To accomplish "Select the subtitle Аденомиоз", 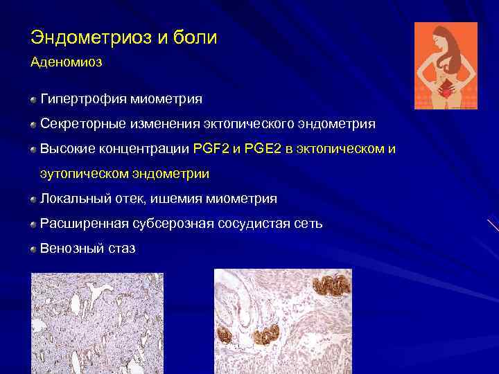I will coord(66,62).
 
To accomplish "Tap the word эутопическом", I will coord(82,174).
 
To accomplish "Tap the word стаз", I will coord(121,248).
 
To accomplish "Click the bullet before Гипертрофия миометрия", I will coord(33,100).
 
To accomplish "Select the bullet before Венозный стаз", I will coord(33,249).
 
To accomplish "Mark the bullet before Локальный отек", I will coord(33,199).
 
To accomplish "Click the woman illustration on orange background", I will coord(446,66).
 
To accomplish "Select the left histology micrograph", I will coord(97,322).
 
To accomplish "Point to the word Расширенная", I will coord(87,224).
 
